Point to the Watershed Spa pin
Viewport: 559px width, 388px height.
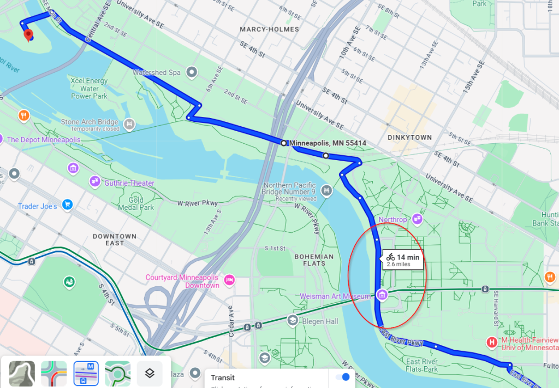[192, 72]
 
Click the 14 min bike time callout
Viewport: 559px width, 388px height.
[403, 260]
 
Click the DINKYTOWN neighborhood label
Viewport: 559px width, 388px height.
[409, 138]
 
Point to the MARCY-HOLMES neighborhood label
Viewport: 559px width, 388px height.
[269, 29]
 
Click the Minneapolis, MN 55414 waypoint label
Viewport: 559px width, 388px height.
[328, 143]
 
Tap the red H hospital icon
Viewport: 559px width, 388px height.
[492, 343]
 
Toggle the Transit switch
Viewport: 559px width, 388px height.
[342, 377]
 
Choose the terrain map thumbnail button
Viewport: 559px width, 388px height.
[22, 374]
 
